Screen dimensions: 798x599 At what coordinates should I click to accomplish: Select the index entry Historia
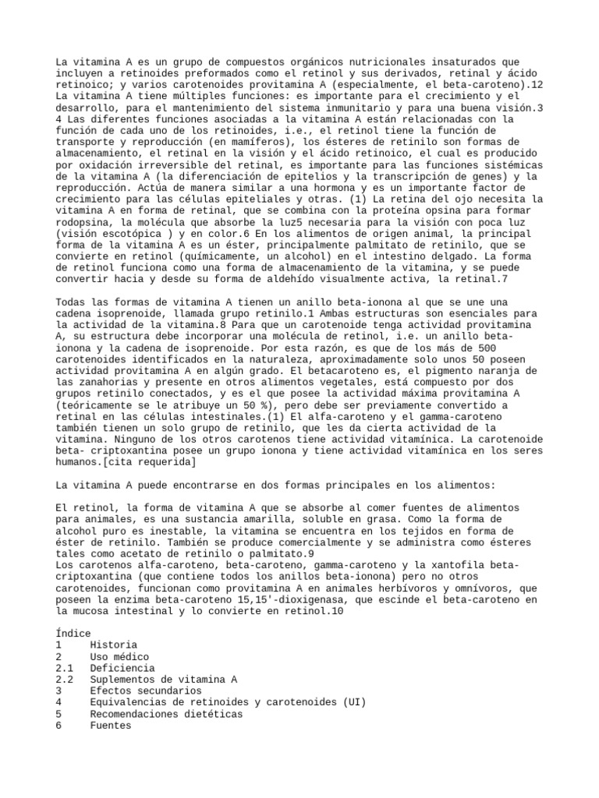[x=113, y=644]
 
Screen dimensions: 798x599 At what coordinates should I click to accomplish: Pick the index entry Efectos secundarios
[x=146, y=690]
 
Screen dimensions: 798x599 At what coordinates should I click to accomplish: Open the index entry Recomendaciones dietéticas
[x=166, y=713]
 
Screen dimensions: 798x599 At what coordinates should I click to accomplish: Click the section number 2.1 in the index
[x=65, y=668]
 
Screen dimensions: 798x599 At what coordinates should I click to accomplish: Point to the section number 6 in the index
[x=59, y=725]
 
